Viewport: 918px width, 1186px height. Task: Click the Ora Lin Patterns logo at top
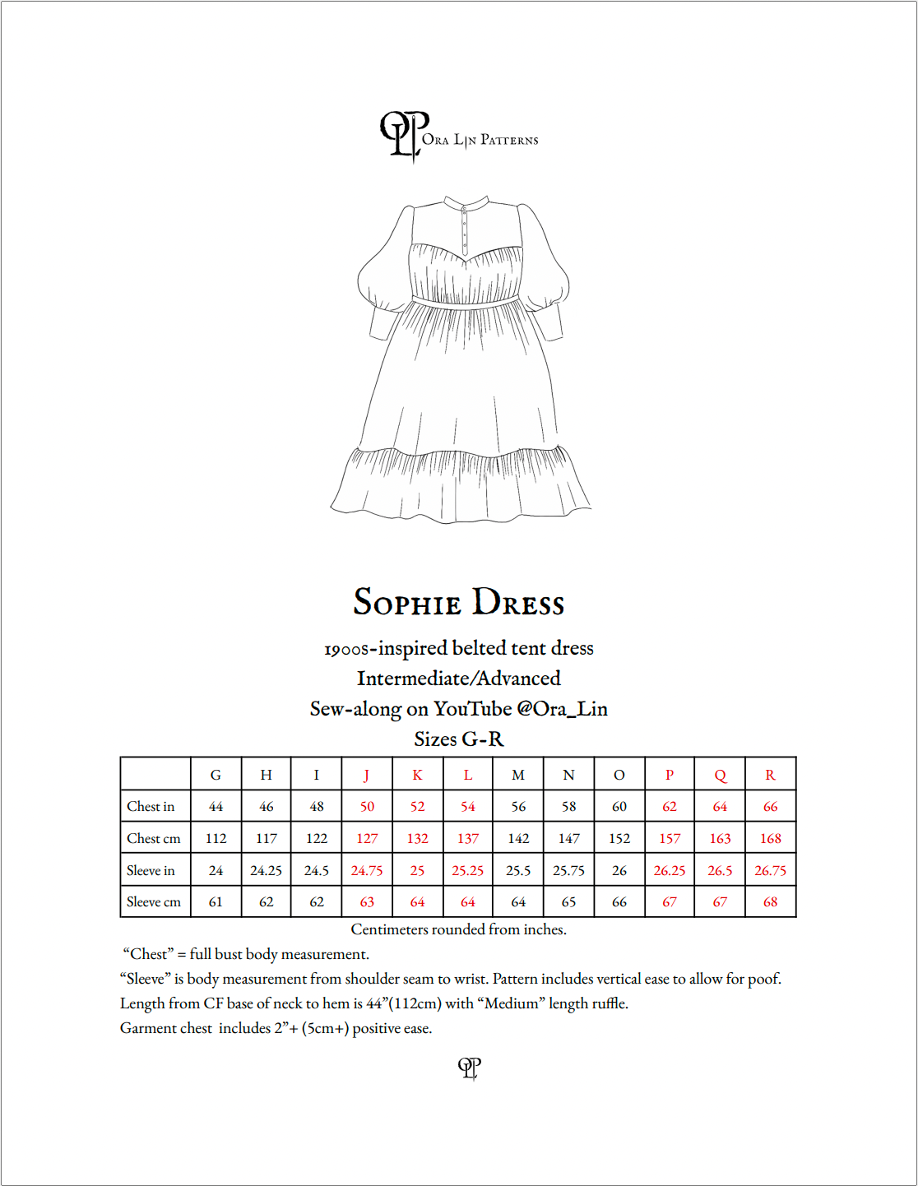pos(457,137)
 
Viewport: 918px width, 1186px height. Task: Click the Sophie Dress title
pos(459,602)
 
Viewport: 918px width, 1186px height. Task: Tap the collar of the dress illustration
pos(466,202)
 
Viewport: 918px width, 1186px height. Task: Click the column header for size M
pos(518,775)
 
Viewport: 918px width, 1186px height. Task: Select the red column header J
pos(367,775)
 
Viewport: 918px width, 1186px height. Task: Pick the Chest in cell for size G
pos(216,807)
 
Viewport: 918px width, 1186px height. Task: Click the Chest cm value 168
pos(770,839)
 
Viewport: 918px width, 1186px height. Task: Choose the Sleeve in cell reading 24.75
pos(367,870)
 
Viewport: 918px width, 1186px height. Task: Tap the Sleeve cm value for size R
pos(770,902)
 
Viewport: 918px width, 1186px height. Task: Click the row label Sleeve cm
pos(154,902)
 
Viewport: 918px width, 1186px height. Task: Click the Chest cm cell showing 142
pos(518,839)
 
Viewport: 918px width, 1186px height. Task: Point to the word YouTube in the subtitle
pos(472,709)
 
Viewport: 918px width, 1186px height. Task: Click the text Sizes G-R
pos(458,739)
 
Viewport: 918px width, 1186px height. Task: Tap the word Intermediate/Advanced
pos(458,679)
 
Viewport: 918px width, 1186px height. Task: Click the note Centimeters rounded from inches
pos(458,929)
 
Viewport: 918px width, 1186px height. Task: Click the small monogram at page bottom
pos(469,1068)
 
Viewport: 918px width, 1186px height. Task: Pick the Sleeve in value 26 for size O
pos(619,870)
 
